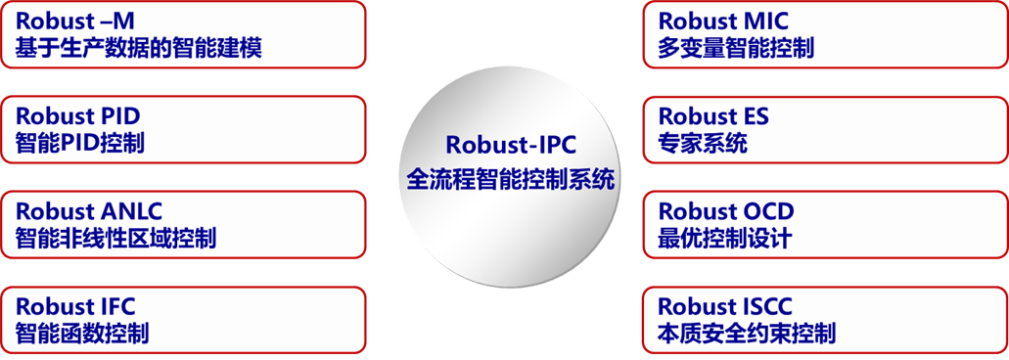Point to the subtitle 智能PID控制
[x=80, y=143]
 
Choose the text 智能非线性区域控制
[x=115, y=238]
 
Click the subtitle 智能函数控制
[x=82, y=333]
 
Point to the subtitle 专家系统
[x=702, y=143]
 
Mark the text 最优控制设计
[x=724, y=238]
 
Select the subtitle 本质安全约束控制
[x=746, y=333]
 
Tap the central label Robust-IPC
[x=511, y=145]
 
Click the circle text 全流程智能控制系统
[x=511, y=179]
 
